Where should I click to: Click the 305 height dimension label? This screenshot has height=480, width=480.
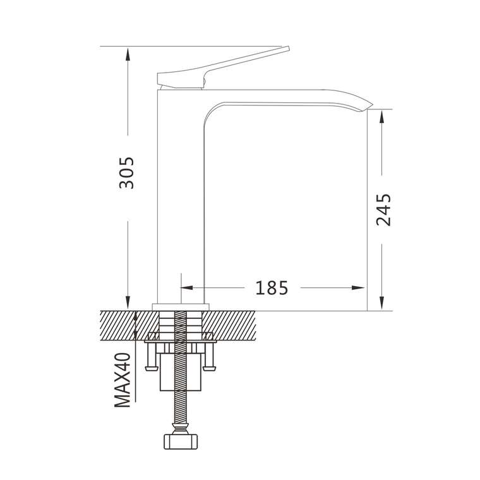coord(127,173)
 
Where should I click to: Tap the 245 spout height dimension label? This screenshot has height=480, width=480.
coord(383,210)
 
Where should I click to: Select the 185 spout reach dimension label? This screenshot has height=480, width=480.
coord(272,288)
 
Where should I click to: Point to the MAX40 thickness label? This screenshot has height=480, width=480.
coord(123,380)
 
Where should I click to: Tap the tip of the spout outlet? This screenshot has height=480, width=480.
coord(372,105)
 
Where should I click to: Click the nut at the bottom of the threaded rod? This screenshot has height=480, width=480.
coord(181,441)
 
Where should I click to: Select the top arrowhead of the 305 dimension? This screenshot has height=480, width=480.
coord(128,54)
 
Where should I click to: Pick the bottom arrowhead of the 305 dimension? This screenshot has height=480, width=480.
coord(128,303)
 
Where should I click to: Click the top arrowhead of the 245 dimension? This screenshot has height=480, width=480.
coord(381,116)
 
